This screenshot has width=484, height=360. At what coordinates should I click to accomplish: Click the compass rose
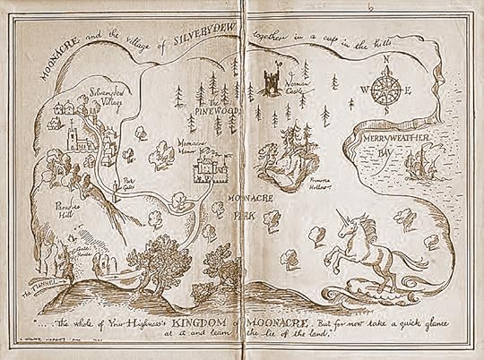tap(385, 90)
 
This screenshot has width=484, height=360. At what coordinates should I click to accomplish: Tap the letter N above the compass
tap(386, 61)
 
